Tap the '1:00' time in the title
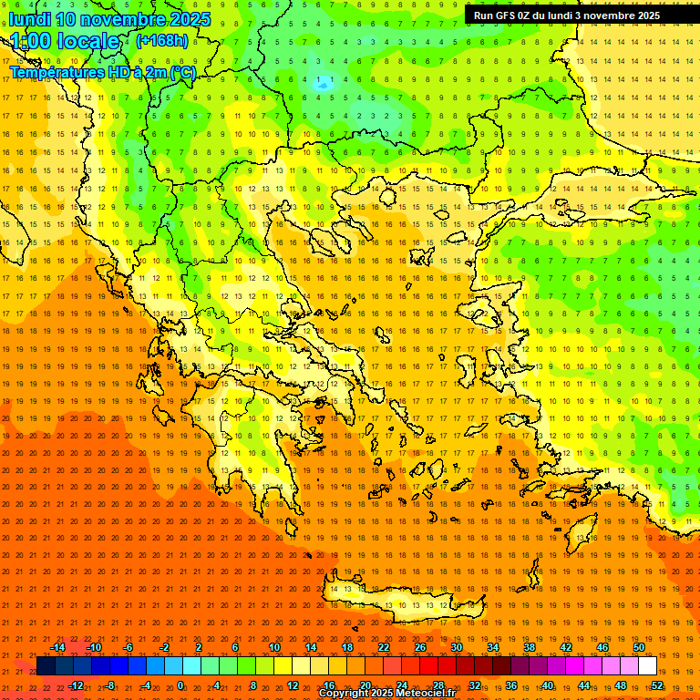click(32, 41)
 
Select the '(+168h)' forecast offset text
click(162, 40)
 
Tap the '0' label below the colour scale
click(180, 685)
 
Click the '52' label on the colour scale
click(657, 685)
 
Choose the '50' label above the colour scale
click(639, 647)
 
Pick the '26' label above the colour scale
click(420, 647)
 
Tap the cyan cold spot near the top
click(322, 82)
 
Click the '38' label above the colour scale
click(530, 647)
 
